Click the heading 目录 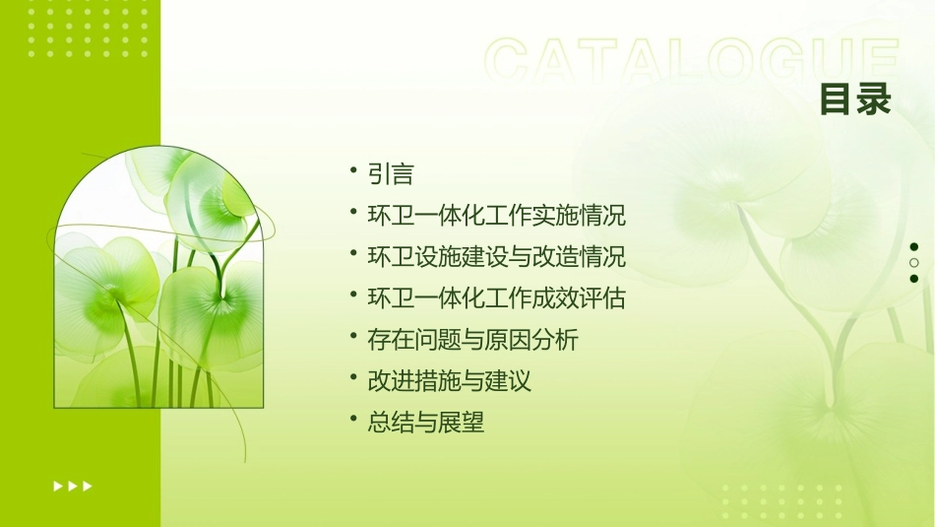tap(854, 99)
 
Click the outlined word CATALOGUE tap(691, 61)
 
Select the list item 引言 tap(391, 174)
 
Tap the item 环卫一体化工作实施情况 tap(496, 215)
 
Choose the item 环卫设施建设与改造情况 tap(496, 257)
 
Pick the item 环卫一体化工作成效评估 tap(496, 298)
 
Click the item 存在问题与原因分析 tap(472, 340)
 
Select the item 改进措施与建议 tap(449, 381)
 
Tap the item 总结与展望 tap(425, 423)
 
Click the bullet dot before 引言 tap(353, 171)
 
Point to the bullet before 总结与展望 tap(353, 420)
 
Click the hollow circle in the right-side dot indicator tap(914, 263)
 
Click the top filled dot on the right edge tap(914, 247)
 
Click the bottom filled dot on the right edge tap(914, 279)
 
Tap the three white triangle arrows tap(73, 486)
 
